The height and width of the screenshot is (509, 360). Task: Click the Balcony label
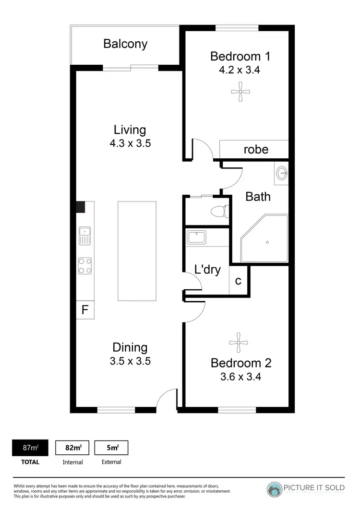coord(125,44)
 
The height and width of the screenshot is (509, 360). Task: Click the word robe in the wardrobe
coord(256,149)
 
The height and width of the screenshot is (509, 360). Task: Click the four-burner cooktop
coord(85,265)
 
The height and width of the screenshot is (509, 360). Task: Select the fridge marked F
coord(85,310)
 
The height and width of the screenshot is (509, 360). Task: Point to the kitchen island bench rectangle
coord(137,251)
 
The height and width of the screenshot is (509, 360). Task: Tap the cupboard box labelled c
coord(238,281)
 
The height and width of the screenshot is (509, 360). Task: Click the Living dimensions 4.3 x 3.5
coord(130,143)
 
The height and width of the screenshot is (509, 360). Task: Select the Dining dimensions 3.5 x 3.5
coord(130,361)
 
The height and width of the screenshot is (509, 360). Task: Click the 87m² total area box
coord(30,448)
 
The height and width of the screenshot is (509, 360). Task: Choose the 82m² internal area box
coord(72,448)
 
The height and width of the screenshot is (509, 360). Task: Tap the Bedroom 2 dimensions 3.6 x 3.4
coord(240,377)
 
